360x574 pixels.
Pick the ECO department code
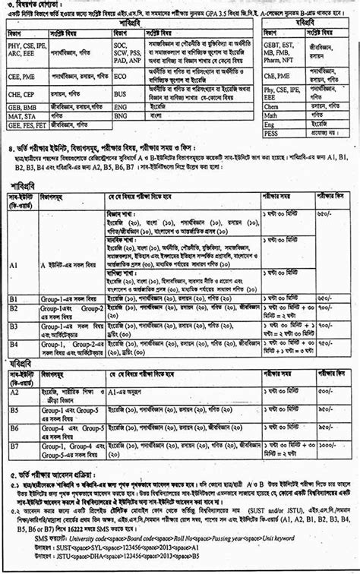click(120, 77)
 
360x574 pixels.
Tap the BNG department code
click(120, 118)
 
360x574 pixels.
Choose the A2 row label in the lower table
click(14, 392)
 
